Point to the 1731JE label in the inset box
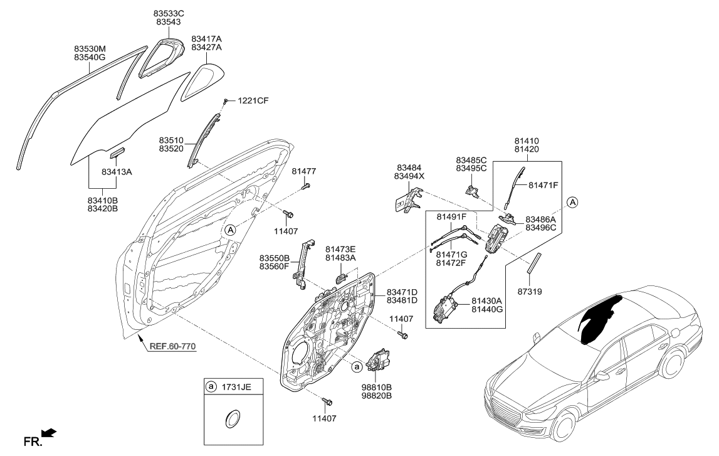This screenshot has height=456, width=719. pyautogui.click(x=238, y=388)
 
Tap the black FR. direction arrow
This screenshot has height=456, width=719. pyautogui.click(x=48, y=433)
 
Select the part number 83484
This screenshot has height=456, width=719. pyautogui.click(x=409, y=167)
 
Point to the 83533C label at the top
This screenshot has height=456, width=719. pyautogui.click(x=170, y=13)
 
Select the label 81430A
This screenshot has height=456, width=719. pyautogui.click(x=490, y=302)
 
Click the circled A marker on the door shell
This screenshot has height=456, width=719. pyautogui.click(x=231, y=230)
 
